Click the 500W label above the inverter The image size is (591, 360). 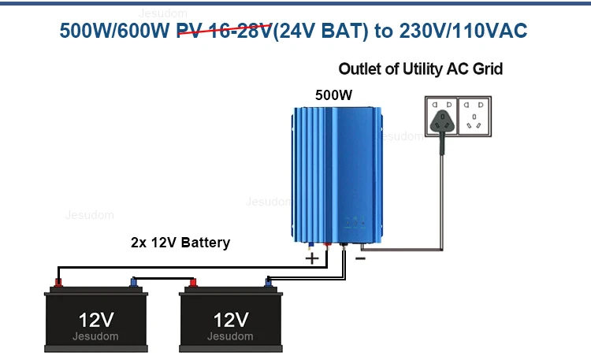point(333,95)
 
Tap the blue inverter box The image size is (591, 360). point(337,175)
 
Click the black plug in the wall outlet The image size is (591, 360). point(442,124)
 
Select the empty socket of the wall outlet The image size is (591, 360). point(474,116)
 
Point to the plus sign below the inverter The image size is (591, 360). point(312,258)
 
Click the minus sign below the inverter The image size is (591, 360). point(360,258)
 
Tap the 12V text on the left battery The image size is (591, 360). point(96,320)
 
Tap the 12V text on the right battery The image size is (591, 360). point(231,320)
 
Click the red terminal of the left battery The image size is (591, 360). point(58,282)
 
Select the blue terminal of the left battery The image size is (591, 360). point(133,282)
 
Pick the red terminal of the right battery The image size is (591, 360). point(193,282)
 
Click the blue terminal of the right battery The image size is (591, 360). point(268,282)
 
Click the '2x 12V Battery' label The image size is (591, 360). point(180,243)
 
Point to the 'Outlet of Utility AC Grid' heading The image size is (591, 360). point(421,69)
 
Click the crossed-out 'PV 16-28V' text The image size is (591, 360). point(225,31)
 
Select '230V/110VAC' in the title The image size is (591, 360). point(463,31)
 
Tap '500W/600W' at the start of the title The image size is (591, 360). point(114,31)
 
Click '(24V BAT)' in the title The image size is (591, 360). point(321,31)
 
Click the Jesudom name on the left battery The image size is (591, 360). point(95,336)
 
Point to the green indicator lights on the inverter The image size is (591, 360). point(355,219)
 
